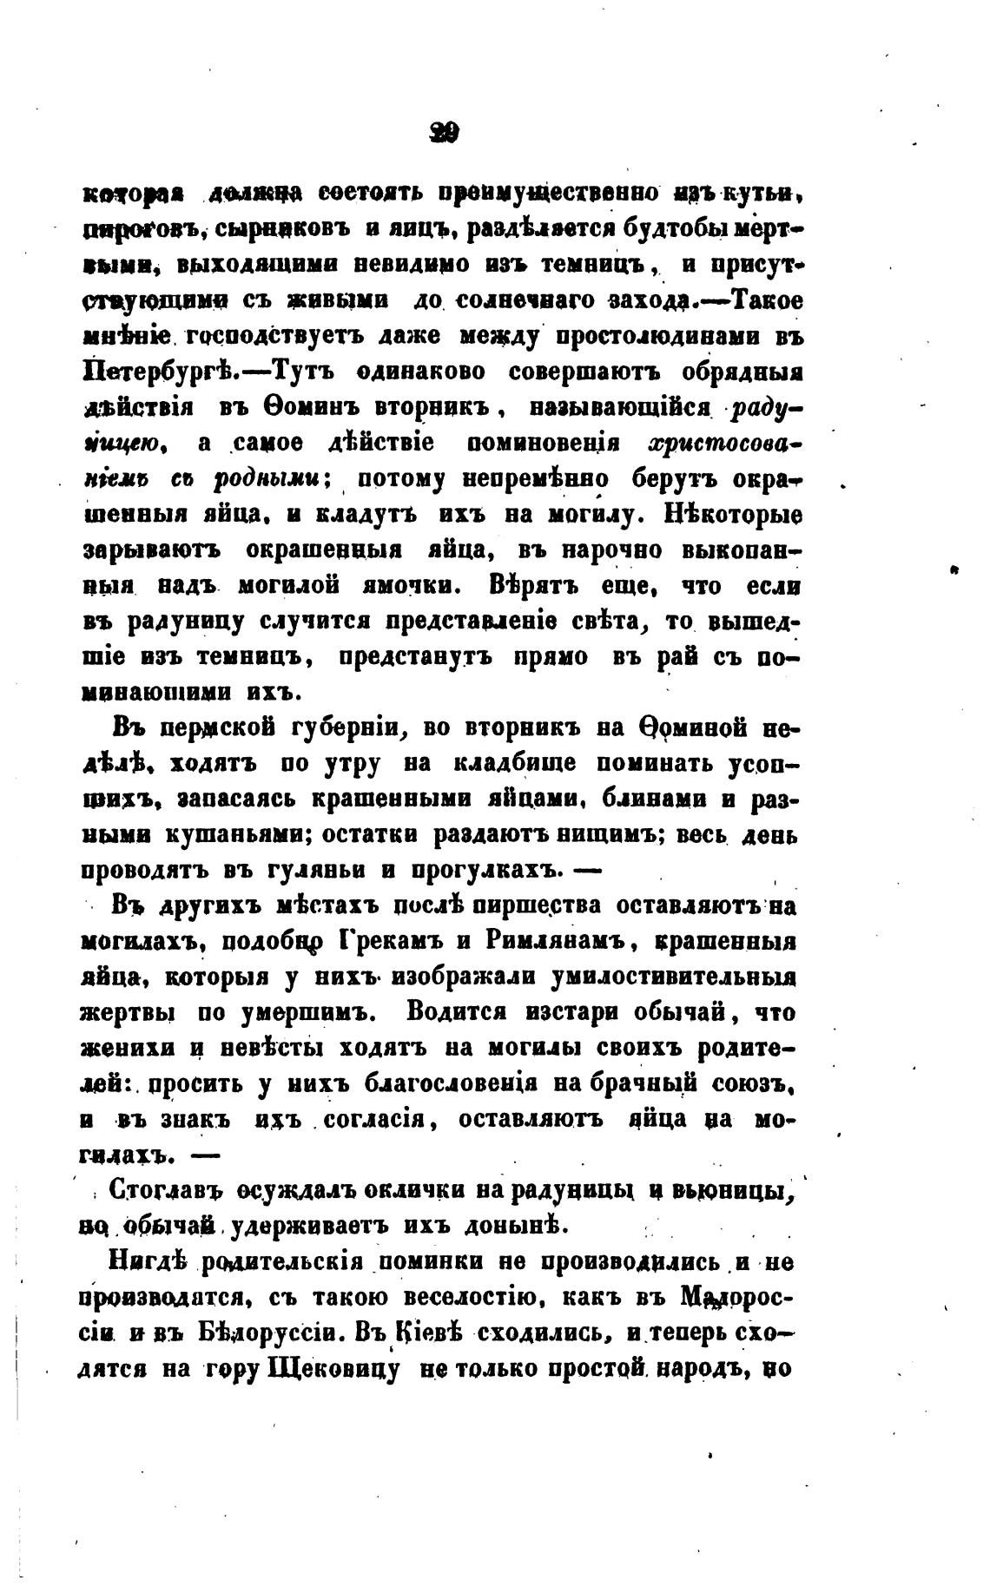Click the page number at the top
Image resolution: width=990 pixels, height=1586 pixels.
(x=444, y=133)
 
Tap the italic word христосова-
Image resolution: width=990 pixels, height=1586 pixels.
(x=725, y=444)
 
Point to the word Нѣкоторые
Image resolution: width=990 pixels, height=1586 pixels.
(x=733, y=516)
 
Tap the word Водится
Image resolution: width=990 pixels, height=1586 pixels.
(x=466, y=1013)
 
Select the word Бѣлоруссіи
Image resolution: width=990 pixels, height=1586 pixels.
(x=275, y=1333)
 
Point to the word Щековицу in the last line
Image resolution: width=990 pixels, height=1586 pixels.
(x=335, y=1369)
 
